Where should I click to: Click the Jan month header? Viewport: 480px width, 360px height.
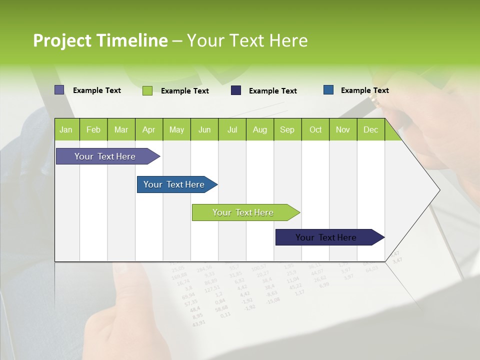66,129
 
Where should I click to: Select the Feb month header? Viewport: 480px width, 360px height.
93,129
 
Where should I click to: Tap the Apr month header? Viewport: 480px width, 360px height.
148,129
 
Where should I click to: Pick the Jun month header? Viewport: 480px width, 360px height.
204,129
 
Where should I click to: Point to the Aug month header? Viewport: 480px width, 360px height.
259,129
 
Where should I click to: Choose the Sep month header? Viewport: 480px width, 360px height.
287,129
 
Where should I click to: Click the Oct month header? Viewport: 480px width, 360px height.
315,129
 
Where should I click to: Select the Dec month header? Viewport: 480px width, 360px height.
370,129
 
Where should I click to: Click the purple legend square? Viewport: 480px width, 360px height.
59,90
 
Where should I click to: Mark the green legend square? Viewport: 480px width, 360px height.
147,90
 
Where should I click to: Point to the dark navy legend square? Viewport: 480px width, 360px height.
236,90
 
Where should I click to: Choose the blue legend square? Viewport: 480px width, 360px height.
328,90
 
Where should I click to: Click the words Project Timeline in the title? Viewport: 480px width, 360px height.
100,40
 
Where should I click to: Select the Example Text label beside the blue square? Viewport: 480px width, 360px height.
364,90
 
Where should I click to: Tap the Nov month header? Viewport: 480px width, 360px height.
343,129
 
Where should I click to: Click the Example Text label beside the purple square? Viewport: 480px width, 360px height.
97,90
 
